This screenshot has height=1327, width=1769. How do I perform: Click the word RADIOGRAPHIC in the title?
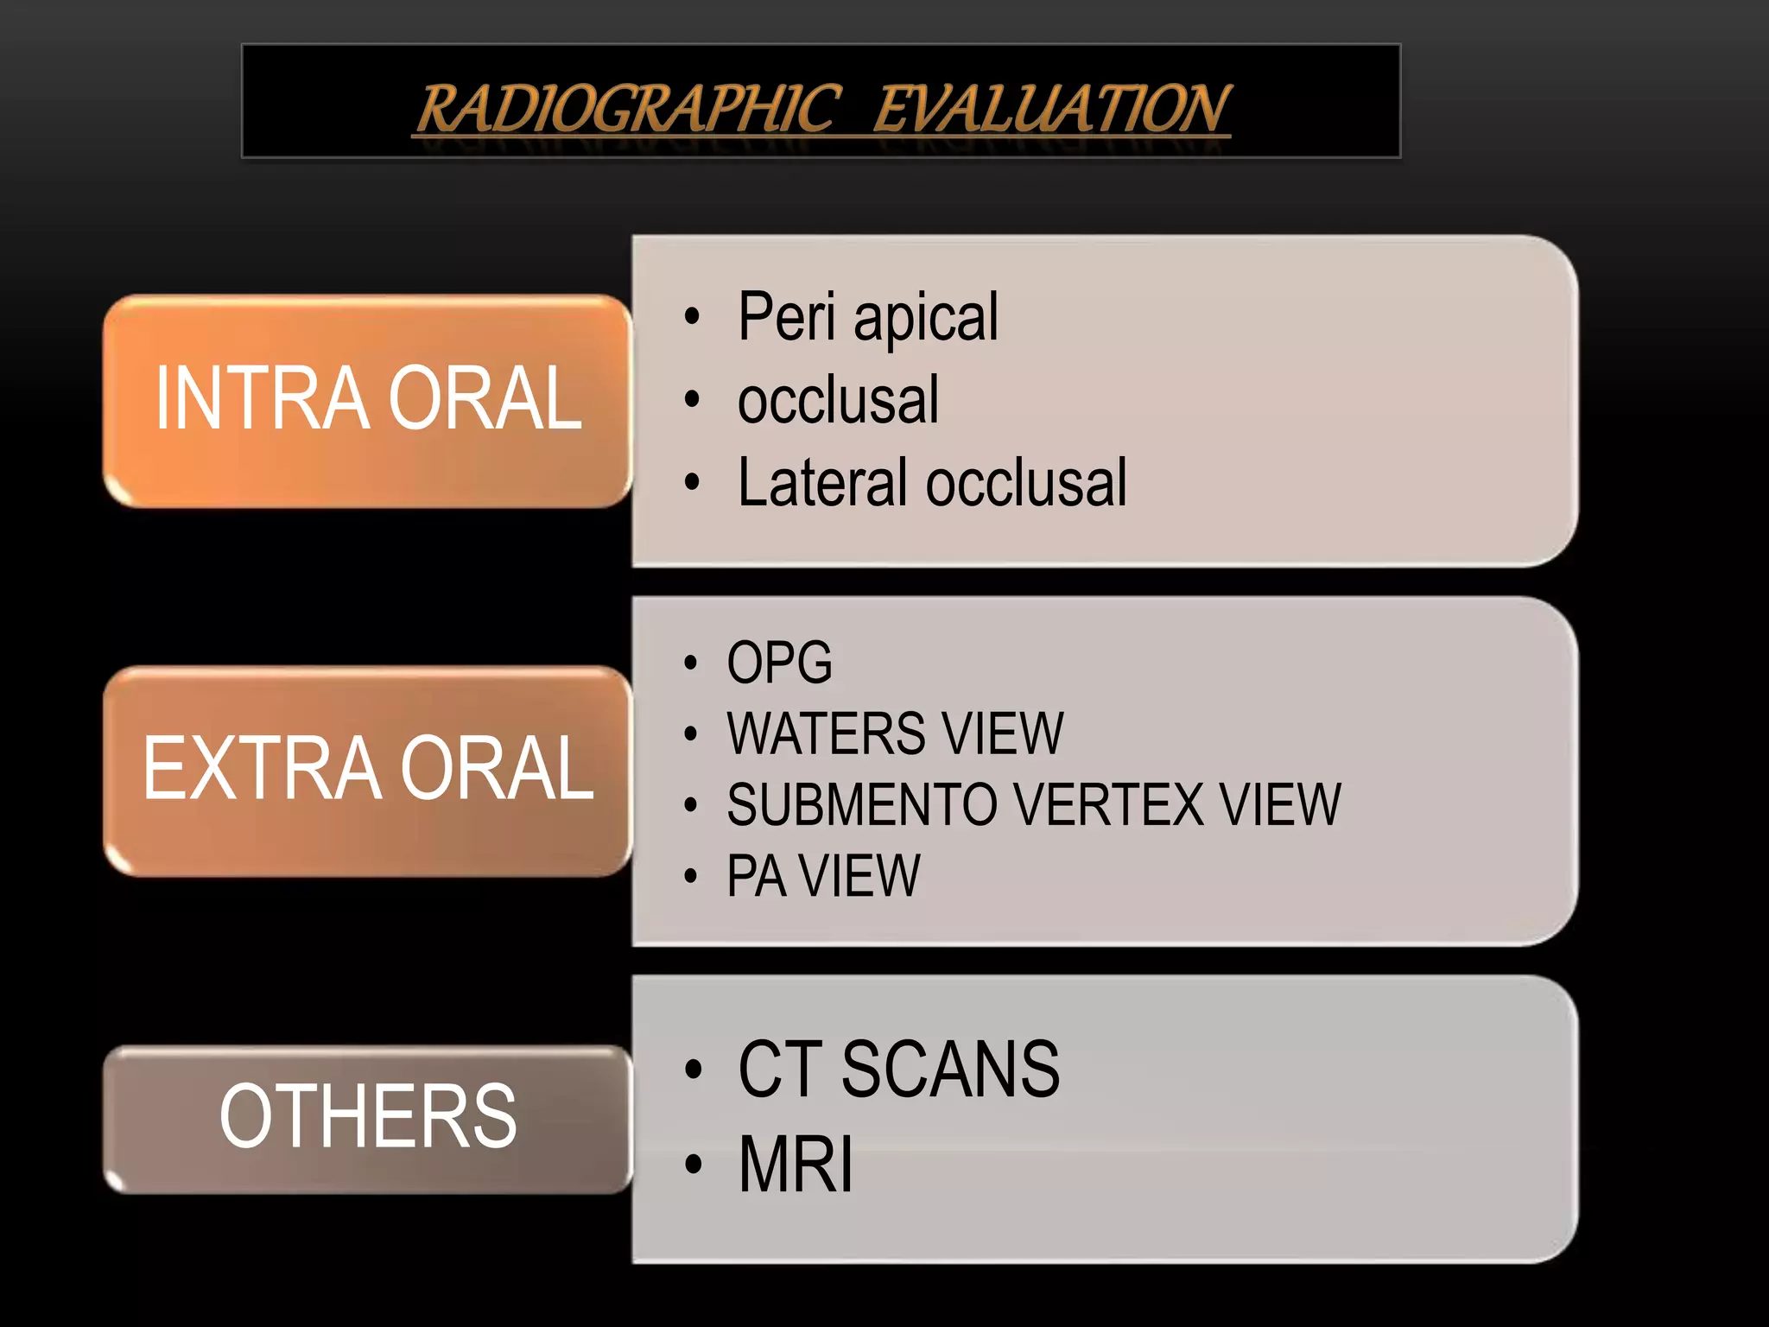coord(628,109)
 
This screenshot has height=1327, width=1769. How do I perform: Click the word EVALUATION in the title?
coord(1051,109)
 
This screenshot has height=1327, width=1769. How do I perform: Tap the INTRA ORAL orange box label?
coord(368,398)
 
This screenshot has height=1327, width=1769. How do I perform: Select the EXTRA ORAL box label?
coord(368,768)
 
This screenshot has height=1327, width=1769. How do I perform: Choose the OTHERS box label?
coord(368,1116)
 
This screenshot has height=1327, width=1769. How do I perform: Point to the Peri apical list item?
coord(867,317)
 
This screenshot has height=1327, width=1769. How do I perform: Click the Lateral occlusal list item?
coord(931,482)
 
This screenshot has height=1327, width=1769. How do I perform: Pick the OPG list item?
coord(779,663)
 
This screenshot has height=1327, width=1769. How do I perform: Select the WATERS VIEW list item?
coord(895,733)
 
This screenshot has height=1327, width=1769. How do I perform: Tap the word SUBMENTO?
coord(864,804)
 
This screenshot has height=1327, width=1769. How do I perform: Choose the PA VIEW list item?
coord(823,876)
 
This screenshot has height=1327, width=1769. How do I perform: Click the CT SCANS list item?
coord(898,1070)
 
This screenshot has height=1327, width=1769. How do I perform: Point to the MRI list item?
coord(796,1164)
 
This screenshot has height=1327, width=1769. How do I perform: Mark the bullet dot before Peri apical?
coord(691,317)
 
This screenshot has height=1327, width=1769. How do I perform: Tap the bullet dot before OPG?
coord(690,663)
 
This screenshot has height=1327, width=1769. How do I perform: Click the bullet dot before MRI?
coord(693,1165)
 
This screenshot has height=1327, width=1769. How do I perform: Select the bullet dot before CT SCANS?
coord(693,1070)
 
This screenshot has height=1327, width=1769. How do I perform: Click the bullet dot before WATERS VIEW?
coord(690,734)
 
